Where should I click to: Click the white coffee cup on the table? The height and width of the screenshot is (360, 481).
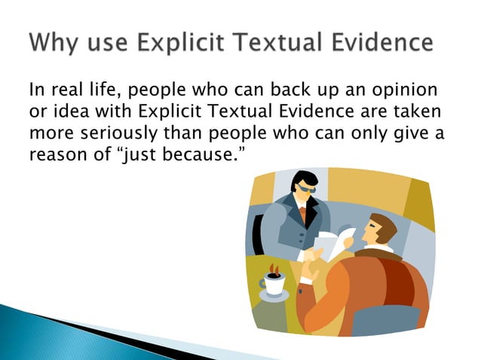(274, 283)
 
